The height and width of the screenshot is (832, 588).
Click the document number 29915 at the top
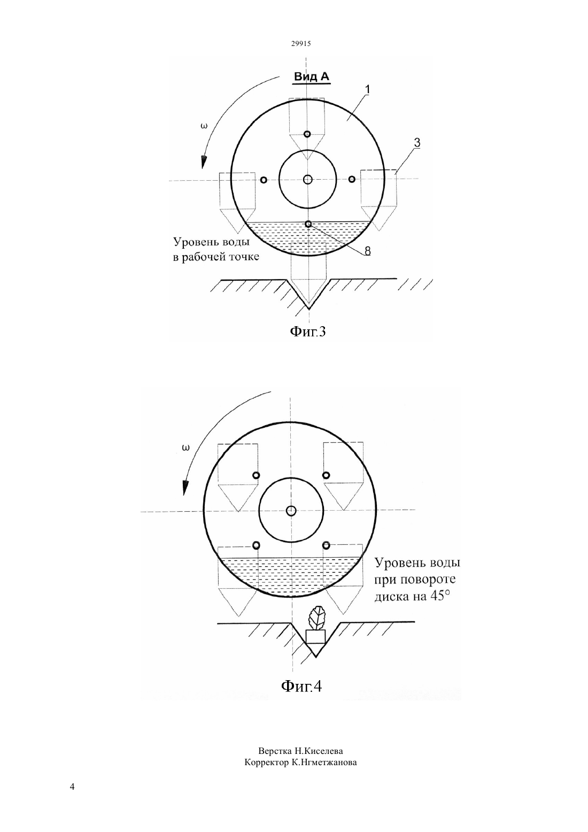coord(300,43)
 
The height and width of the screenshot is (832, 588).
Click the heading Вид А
coord(312,77)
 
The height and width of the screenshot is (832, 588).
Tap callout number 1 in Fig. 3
coord(368,90)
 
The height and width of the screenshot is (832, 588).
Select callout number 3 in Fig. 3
coord(417,143)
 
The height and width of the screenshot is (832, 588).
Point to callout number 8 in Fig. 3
coord(367,251)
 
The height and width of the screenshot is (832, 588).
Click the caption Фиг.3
coord(307,331)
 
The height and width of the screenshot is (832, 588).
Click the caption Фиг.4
coord(301,686)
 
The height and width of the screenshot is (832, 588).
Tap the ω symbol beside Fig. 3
coord(204,126)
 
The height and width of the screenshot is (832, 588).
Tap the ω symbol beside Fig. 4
coord(185,448)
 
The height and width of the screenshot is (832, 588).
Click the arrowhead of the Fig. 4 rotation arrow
coord(184,488)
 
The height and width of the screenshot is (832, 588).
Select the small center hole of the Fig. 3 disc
coord(307,180)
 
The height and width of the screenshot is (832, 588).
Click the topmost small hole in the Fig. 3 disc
coord(307,134)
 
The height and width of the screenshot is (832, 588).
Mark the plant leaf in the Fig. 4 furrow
coord(316,618)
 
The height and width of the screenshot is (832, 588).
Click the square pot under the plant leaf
coord(315,637)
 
